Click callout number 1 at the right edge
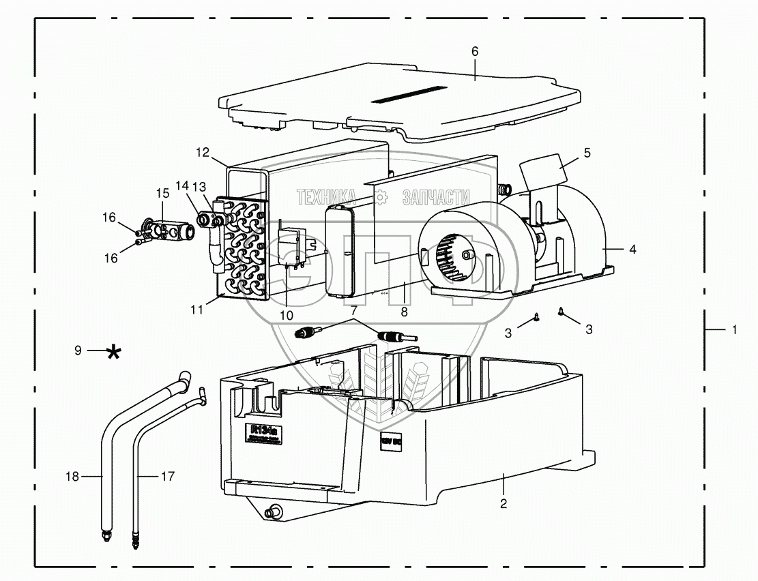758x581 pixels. tap(734, 329)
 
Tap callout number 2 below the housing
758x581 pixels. tap(503, 504)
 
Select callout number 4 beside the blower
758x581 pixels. tap(632, 250)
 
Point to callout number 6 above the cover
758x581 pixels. tap(475, 52)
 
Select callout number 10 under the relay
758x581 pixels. tap(286, 314)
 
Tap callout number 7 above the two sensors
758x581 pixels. tap(353, 310)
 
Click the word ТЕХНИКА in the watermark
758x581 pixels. tap(326, 198)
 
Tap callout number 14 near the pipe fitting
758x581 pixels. tap(181, 185)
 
